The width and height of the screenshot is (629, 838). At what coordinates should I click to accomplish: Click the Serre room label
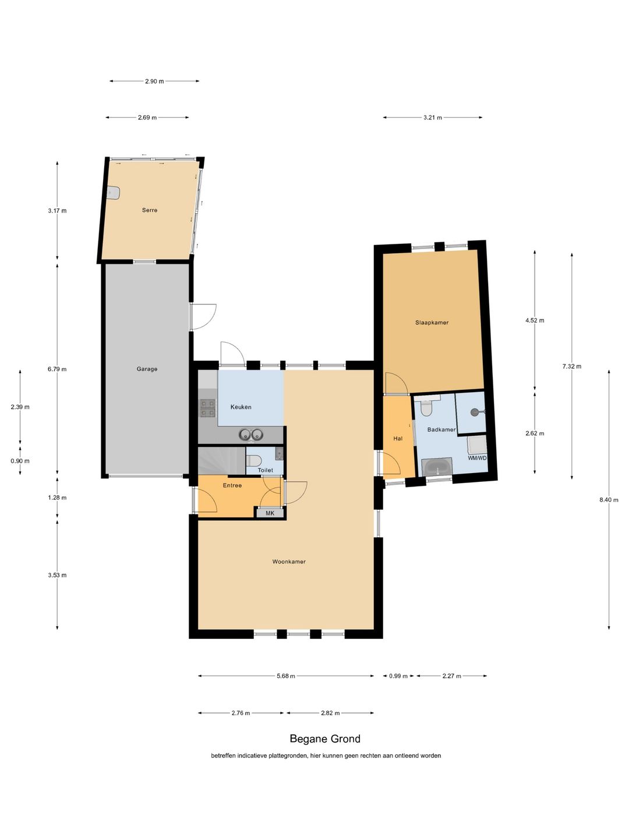pyautogui.click(x=149, y=210)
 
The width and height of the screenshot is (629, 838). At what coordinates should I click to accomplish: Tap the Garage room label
pyautogui.click(x=147, y=369)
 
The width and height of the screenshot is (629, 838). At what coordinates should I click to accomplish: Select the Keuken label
pyautogui.click(x=241, y=407)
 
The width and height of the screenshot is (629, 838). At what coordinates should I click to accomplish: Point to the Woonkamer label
pyautogui.click(x=289, y=562)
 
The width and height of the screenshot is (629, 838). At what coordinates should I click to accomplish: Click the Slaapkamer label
pyautogui.click(x=432, y=322)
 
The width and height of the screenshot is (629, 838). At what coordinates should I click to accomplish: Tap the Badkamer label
pyautogui.click(x=441, y=429)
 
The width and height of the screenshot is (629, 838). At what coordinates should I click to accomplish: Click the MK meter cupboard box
pyautogui.click(x=270, y=513)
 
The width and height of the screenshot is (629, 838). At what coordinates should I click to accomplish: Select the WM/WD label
pyautogui.click(x=478, y=458)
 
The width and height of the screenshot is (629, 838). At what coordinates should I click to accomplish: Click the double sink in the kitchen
pyautogui.click(x=251, y=435)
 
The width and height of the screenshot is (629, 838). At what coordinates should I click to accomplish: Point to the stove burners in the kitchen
pyautogui.click(x=207, y=408)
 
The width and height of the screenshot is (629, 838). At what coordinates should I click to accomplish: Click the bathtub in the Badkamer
pyautogui.click(x=437, y=467)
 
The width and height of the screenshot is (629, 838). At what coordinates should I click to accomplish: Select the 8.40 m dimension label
pyautogui.click(x=609, y=500)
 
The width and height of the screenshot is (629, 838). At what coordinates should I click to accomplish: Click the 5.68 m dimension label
pyautogui.click(x=286, y=676)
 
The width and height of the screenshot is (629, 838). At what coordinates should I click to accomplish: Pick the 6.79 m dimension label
pyautogui.click(x=57, y=369)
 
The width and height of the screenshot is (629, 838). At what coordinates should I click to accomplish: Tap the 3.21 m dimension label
pyautogui.click(x=433, y=118)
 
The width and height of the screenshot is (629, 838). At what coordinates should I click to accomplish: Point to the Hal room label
pyautogui.click(x=398, y=438)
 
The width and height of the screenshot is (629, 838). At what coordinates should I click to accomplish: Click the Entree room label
pyautogui.click(x=232, y=485)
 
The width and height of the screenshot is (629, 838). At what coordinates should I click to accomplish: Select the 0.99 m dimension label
pyautogui.click(x=398, y=676)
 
